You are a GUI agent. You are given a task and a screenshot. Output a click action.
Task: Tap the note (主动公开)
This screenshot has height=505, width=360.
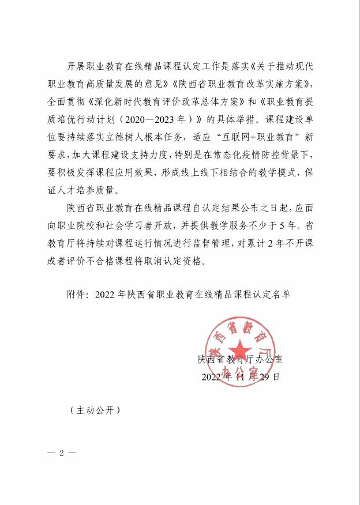pyautogui.click(x=94, y=410)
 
